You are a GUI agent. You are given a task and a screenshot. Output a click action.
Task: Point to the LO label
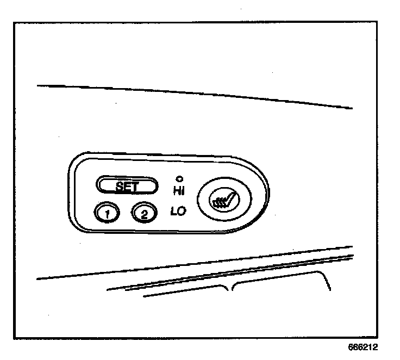[178, 212]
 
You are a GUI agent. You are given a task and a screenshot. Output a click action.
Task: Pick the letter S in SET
[120, 187]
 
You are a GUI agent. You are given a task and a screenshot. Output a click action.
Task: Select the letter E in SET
[127, 187]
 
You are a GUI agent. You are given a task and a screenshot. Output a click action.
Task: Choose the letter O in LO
[181, 212]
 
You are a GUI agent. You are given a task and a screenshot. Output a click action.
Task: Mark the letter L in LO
[174, 212]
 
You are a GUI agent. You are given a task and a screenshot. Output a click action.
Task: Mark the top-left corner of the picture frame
[15, 23]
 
